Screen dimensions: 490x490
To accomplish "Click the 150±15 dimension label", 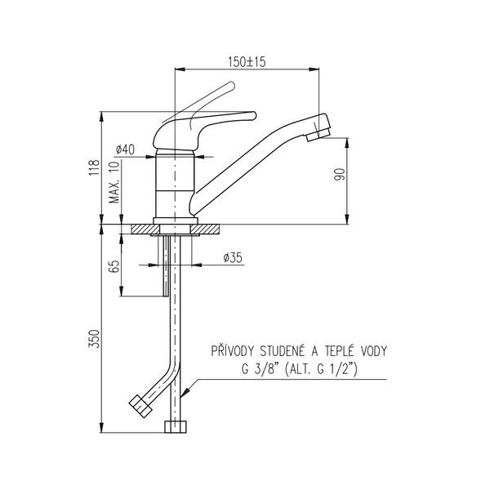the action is [247, 61].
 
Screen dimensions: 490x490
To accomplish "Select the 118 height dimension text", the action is [95, 167].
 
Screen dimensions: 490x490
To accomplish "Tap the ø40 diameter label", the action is [125, 149].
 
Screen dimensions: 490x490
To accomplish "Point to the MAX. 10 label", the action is [114, 182].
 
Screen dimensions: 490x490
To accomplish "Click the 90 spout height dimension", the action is [340, 174].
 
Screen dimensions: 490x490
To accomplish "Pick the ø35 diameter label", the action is [233, 258].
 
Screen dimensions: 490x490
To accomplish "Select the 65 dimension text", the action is [114, 266].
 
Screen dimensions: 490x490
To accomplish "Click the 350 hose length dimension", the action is [95, 338].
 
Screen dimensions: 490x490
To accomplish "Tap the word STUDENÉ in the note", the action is [282, 351].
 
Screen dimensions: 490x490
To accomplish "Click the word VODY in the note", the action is [374, 351].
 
